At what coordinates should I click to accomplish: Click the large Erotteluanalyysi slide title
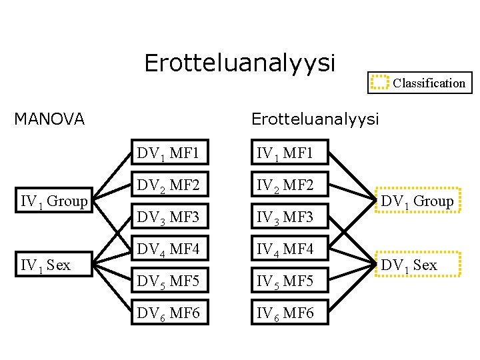(x=239, y=63)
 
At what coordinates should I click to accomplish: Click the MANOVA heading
(x=50, y=119)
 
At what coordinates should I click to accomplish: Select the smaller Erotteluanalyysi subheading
(x=315, y=119)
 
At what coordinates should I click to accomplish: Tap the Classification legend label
(x=429, y=83)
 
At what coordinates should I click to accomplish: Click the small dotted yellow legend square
(x=379, y=83)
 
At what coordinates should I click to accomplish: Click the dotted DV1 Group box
(x=417, y=200)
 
